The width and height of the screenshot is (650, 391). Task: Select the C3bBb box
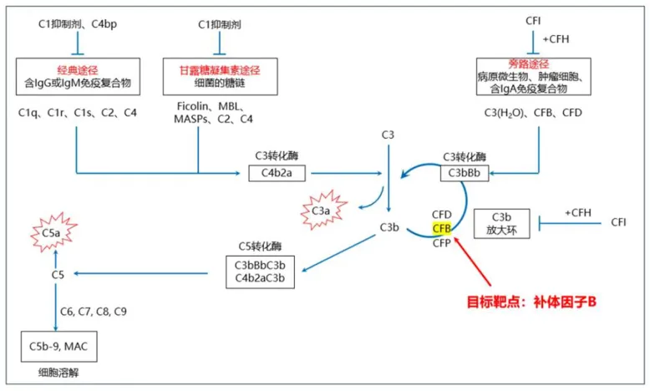pos(464,173)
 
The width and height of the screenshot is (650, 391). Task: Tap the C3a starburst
pos(322,212)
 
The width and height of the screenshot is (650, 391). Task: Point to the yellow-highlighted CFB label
pos(441,228)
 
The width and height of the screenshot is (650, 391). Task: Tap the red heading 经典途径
pos(77,70)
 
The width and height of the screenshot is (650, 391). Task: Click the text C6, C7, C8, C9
pos(94,312)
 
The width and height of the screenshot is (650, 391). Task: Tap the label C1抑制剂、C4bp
pos(78,24)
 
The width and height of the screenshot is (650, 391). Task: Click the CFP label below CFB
pos(441,244)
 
